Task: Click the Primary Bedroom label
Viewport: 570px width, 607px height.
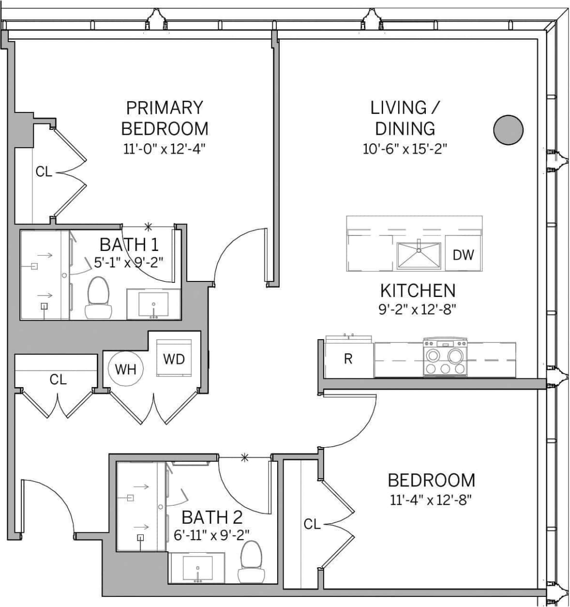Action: [165, 118]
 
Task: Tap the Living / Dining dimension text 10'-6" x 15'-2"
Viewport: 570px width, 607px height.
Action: [405, 148]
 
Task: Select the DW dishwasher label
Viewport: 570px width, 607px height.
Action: [463, 254]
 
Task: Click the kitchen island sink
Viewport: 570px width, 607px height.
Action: [419, 255]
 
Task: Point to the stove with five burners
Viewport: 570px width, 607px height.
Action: [445, 358]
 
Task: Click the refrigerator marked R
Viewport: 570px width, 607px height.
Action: [348, 359]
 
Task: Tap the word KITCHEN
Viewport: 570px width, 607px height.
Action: [418, 291]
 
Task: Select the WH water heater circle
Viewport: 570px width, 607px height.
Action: [126, 370]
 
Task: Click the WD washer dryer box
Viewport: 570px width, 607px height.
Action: [174, 359]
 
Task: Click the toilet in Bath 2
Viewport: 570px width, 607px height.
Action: [252, 562]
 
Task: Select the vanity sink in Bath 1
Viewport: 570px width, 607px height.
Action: [153, 305]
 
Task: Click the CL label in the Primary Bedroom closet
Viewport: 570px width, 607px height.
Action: [44, 171]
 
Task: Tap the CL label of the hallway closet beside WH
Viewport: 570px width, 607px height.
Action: [58, 379]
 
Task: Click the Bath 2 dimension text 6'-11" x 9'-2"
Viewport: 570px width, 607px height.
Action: [211, 535]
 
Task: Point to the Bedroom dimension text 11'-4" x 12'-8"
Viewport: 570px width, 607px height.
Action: [431, 499]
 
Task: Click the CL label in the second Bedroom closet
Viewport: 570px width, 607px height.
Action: [312, 524]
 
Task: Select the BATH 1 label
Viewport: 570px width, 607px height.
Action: [129, 244]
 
